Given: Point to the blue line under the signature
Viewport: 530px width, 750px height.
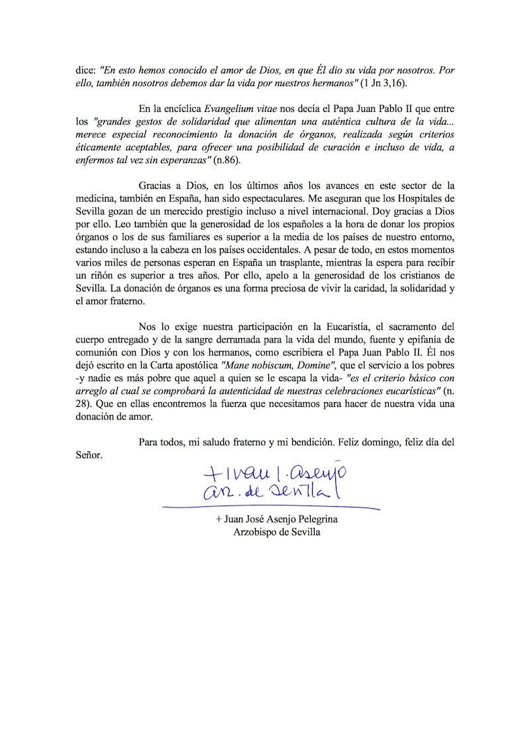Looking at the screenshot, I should pos(272,508).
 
